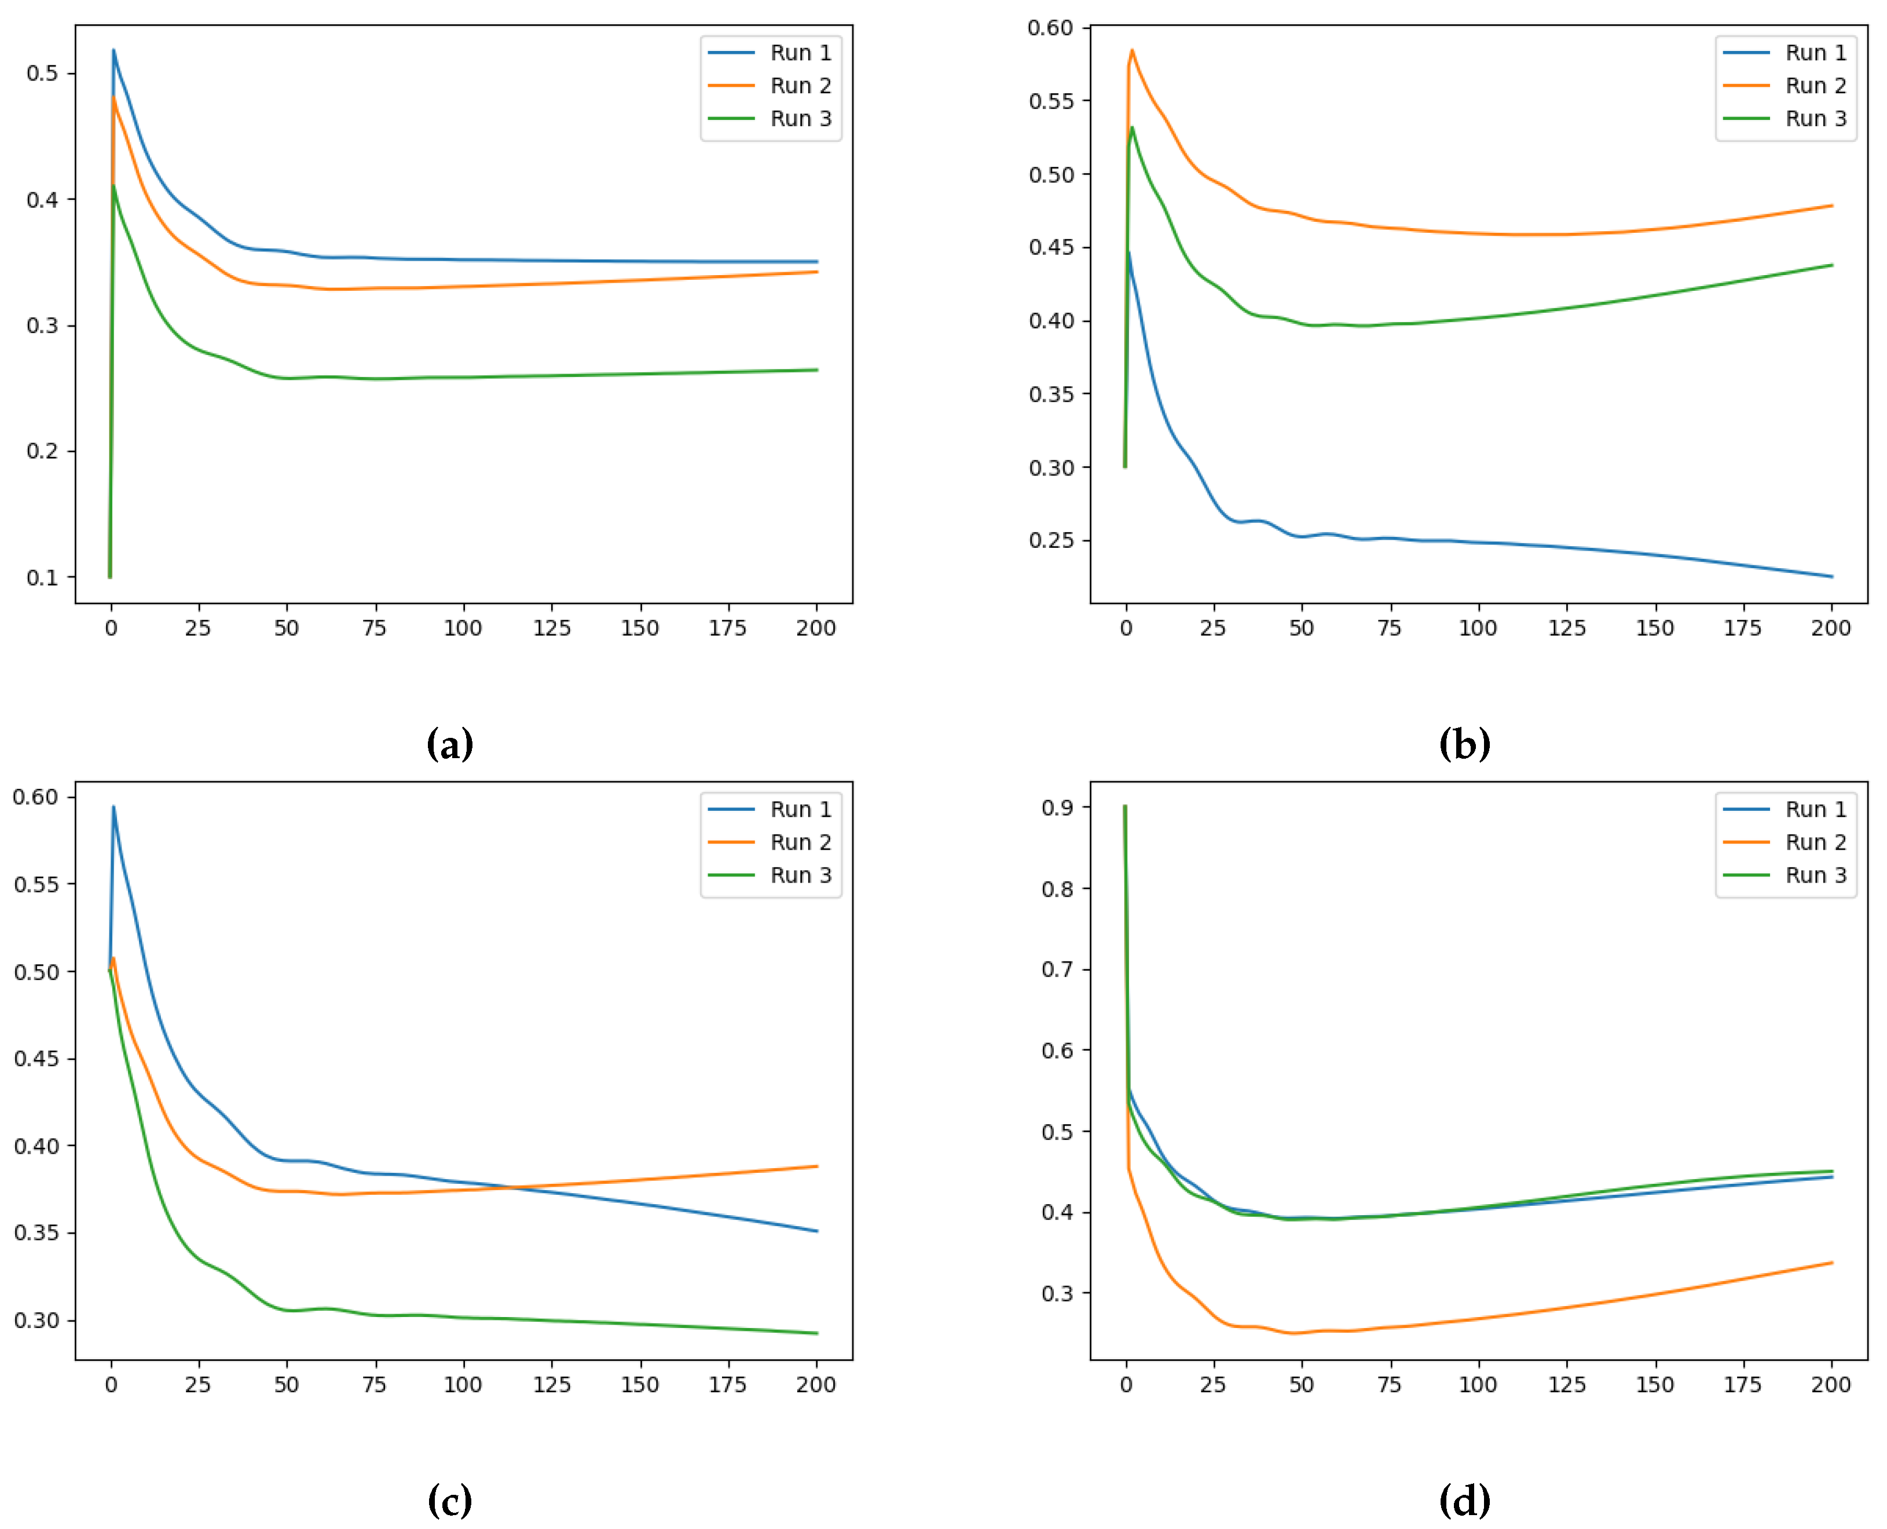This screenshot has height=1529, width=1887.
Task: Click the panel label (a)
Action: coord(450,744)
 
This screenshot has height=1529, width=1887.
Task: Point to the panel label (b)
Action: coord(1464,744)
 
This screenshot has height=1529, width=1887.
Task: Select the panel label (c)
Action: coord(450,1500)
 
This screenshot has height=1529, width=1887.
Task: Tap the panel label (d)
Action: coord(1464,1500)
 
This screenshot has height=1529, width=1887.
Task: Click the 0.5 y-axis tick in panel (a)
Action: coord(42,73)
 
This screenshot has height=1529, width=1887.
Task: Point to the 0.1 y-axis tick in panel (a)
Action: coord(42,578)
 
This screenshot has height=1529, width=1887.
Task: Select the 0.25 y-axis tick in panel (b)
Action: coord(1050,540)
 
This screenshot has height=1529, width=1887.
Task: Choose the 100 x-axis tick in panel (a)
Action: coord(463,628)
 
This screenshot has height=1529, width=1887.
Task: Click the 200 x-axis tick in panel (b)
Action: coord(1831,628)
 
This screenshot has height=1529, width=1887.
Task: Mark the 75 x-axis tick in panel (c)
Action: coord(375,1385)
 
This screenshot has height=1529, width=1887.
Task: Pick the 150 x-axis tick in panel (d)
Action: coord(1655,1385)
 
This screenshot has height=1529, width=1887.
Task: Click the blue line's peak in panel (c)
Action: coord(113,807)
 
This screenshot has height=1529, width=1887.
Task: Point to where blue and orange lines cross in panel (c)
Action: coord(511,1187)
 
